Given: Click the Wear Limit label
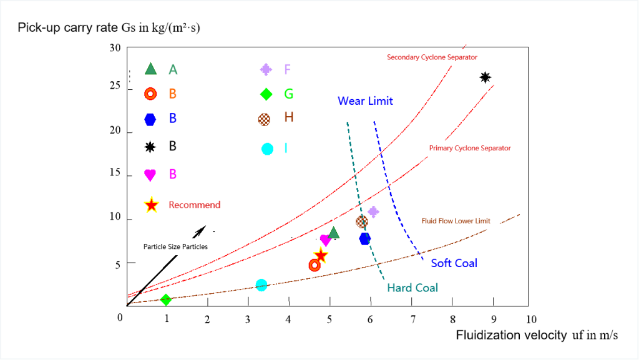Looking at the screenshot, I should coord(366,101).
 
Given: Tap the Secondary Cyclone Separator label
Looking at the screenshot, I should coord(432,57).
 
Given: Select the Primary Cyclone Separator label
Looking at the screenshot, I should coord(470,148).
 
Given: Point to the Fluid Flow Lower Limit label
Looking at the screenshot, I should coord(456,221).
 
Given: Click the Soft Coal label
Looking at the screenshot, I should coord(454,263).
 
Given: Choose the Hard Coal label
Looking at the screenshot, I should coord(412,288).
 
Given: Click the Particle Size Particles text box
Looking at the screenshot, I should coord(175,246).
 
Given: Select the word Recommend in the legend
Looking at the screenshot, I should coord(195,205).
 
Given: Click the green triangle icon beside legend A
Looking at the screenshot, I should coord(150,69).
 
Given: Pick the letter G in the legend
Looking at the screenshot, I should coord(289,94).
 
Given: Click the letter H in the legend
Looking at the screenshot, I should coord(289,117).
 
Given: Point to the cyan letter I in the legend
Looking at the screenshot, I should coord(286,148).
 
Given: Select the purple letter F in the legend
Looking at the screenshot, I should coord(287,69).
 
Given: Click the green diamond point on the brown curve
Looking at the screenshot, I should coord(165,299).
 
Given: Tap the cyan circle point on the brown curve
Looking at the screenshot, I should coord(261,285).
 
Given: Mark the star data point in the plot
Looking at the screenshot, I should coord(321,255).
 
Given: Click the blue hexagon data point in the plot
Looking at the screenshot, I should coord(365,238).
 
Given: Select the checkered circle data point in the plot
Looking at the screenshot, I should coord(362,221).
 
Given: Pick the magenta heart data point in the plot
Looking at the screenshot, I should coord(325,240).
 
